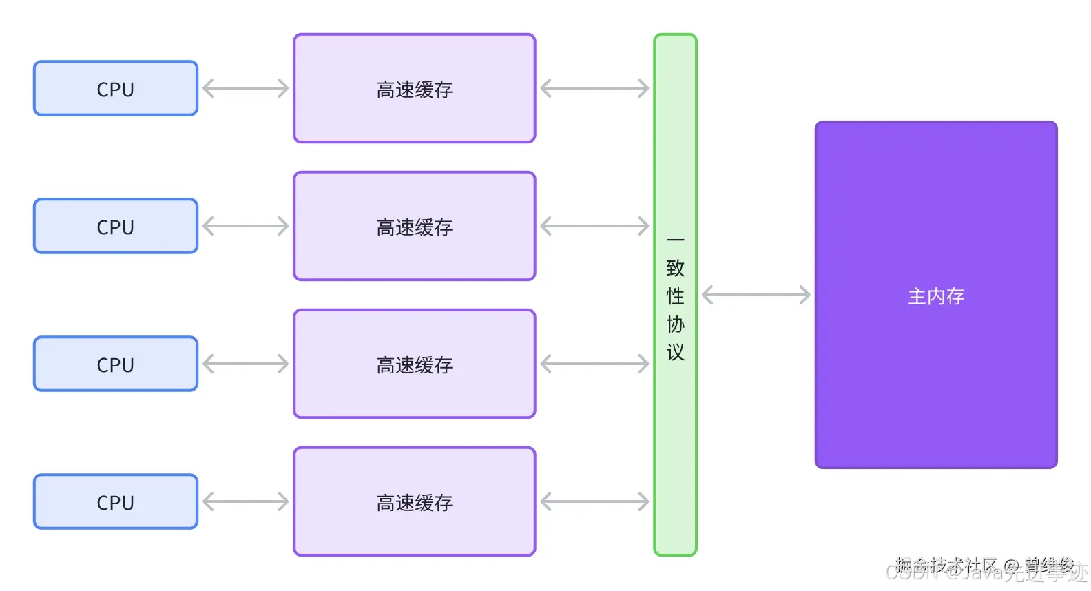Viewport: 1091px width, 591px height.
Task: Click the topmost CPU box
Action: point(116,88)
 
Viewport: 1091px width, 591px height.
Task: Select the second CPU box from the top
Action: point(116,226)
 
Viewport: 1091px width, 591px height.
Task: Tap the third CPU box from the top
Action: point(116,364)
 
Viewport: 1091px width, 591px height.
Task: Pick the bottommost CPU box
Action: point(116,501)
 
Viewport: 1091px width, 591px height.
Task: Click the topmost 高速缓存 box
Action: point(415,88)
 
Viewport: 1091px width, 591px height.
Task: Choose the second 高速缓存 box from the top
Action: point(415,226)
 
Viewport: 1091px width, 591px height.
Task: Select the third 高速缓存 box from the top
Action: point(415,364)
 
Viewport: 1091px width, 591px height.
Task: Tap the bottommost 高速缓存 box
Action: point(415,501)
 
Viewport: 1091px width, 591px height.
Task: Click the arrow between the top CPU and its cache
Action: point(245,88)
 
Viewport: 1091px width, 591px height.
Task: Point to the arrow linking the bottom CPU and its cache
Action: point(245,501)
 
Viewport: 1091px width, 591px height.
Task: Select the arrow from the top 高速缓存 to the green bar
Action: point(594,88)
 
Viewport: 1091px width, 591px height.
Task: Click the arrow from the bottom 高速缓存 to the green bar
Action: point(594,501)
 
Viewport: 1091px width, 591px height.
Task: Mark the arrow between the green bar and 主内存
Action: point(756,295)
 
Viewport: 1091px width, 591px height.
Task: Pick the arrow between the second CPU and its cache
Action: point(245,226)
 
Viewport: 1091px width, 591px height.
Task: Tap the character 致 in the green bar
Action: point(675,268)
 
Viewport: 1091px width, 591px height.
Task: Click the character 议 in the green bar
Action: point(675,352)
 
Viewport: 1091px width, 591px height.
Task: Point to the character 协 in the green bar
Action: point(675,324)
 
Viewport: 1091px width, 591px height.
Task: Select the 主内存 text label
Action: point(935,296)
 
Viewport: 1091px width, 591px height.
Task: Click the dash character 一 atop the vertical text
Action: point(675,240)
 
